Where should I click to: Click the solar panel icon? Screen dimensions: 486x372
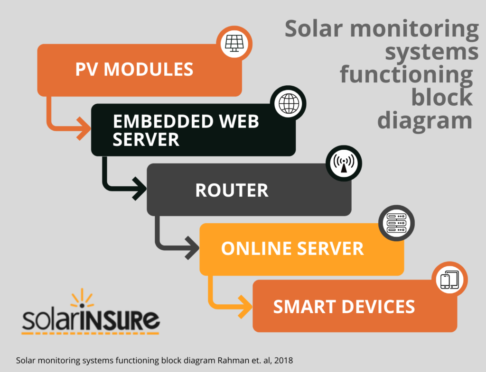point(234,43)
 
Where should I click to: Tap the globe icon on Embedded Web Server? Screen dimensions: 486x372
point(289,103)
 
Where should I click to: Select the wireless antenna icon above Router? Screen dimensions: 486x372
point(344,163)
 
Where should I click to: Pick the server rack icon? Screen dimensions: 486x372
point(396,223)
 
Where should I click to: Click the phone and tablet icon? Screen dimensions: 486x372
point(449,280)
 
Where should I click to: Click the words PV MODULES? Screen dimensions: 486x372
point(134,69)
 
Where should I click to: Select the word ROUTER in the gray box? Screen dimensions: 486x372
point(232,190)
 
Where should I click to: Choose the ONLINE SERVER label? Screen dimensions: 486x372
point(292,248)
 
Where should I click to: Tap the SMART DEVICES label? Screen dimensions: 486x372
point(344,307)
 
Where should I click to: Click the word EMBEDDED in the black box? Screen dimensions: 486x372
point(163,121)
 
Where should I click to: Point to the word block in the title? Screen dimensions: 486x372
point(442,97)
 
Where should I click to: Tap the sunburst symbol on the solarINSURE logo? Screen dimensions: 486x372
point(82,298)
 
